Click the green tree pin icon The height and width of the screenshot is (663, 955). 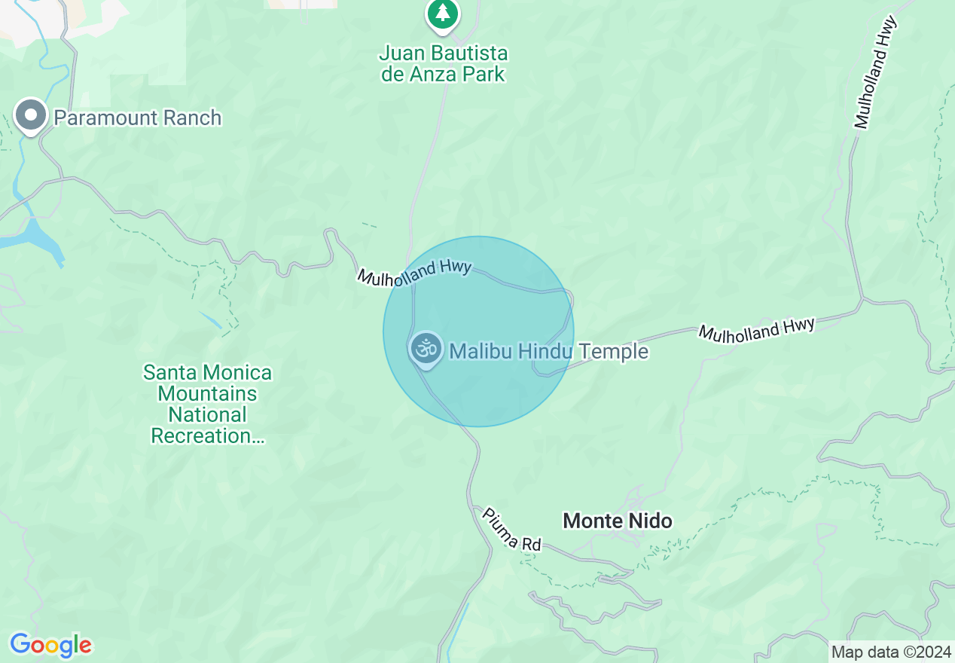(x=443, y=14)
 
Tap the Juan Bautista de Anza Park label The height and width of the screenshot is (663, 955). (x=444, y=64)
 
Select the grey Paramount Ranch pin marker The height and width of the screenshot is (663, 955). (x=31, y=116)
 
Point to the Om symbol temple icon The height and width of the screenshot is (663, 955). (x=426, y=349)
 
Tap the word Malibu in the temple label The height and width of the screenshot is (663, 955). (x=476, y=352)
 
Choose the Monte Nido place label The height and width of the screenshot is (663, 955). (x=618, y=521)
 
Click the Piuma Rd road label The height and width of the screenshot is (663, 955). (x=511, y=528)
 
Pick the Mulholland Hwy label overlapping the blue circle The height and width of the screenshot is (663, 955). (x=414, y=273)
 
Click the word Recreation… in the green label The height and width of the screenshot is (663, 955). (x=208, y=436)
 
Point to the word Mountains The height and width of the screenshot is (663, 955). (x=207, y=393)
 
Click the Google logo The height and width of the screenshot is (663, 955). (x=50, y=645)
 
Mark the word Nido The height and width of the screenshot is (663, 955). (x=649, y=521)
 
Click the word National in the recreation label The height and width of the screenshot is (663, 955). (x=207, y=415)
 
